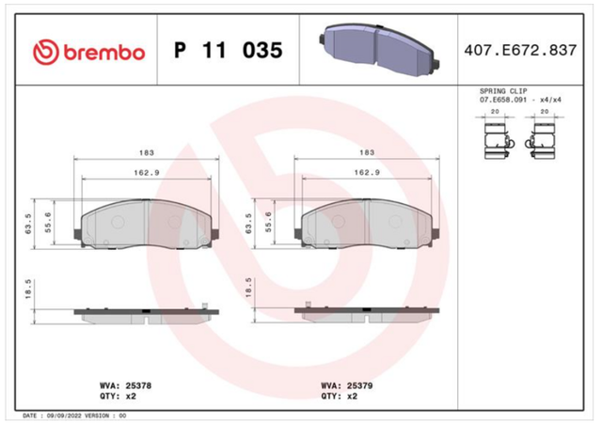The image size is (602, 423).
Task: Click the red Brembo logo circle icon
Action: pos(46,52)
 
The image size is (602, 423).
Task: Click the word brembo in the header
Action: pos(104,53)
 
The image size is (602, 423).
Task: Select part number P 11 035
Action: pos(229,50)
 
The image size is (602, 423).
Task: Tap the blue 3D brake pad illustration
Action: pos(380,49)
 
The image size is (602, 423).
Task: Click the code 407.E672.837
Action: pos(520,50)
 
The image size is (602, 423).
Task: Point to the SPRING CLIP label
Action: pos(503,91)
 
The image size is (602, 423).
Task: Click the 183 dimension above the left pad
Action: pos(147,153)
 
